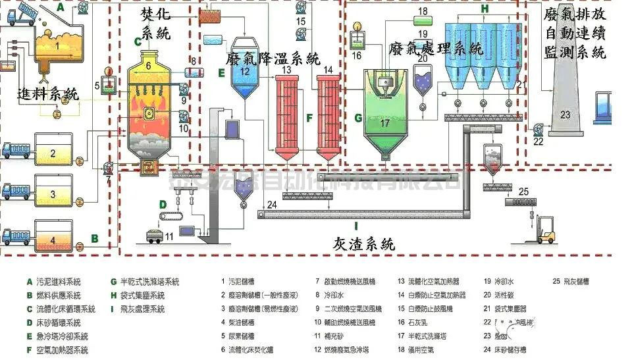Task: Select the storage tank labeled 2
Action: [53, 154]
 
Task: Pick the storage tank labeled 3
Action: [53, 195]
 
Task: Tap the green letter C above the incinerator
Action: [138, 41]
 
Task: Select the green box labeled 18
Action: [422, 12]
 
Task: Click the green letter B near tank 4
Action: [94, 238]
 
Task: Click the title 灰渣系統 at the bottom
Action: [363, 244]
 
